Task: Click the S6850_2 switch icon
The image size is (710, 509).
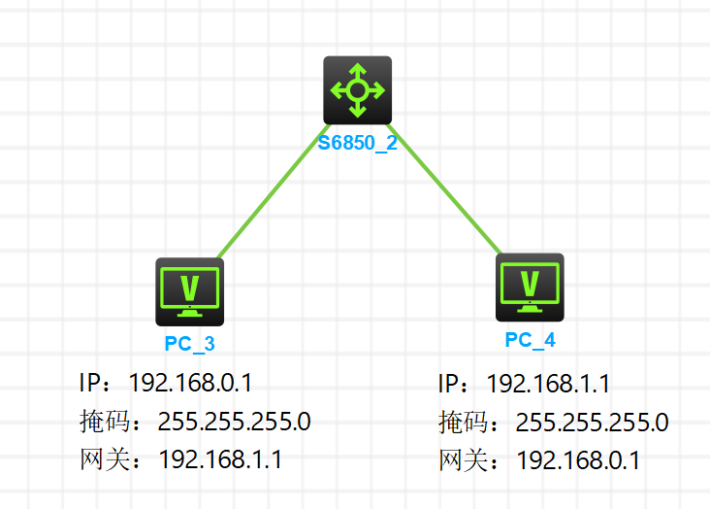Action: [357, 90]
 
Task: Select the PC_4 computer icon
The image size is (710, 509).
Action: [530, 288]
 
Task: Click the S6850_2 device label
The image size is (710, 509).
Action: [358, 146]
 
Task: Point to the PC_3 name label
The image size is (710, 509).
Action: [190, 343]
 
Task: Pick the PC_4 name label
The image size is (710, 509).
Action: [531, 339]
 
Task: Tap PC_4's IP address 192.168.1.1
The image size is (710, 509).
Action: [548, 384]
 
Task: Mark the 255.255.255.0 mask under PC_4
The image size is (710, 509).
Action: [592, 423]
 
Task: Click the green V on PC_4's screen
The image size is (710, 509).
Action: [530, 283]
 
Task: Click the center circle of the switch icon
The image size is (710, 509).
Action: [357, 90]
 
